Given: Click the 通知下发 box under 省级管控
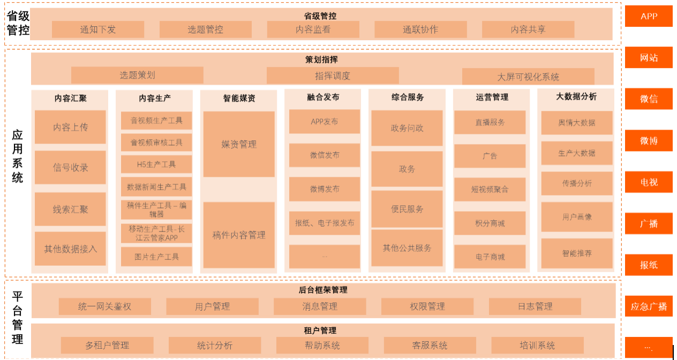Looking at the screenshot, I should tap(98, 29).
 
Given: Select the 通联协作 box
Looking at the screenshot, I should tap(420, 29).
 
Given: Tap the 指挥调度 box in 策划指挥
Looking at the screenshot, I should tap(333, 76).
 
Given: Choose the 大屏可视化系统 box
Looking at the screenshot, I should tap(528, 77).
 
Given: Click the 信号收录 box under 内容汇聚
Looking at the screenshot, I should tap(70, 168).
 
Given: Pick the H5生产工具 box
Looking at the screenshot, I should tap(156, 164).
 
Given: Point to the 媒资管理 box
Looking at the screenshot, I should tap(239, 144).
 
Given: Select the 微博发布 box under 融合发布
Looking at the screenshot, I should tap(325, 189).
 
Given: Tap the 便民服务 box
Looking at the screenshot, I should tap(407, 209).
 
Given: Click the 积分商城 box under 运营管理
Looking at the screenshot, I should tap(490, 223).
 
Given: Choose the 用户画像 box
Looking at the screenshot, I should tap(577, 217).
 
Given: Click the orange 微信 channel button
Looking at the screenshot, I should tap(649, 99).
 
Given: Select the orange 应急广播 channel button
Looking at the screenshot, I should tap(649, 306).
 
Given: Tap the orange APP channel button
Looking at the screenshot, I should tap(649, 16).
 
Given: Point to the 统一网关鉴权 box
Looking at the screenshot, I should tap(105, 306).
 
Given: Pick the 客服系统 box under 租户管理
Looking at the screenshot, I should tap(430, 346).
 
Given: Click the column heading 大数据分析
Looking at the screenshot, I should tap(576, 96).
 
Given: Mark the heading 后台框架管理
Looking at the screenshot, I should tap(323, 290).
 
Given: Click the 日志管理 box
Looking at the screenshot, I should tap(535, 306).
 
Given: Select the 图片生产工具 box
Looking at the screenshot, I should tap(156, 257).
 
